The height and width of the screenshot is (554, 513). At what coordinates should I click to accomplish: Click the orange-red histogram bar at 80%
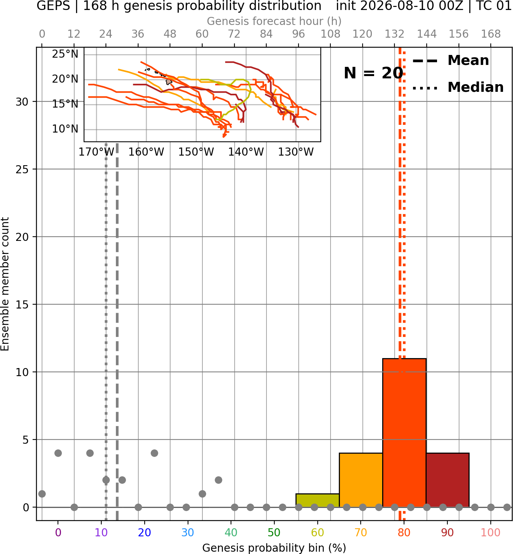404,433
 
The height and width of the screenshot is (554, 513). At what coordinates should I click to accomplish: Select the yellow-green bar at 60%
317,501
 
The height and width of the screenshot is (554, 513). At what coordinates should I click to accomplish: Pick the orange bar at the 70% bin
361,480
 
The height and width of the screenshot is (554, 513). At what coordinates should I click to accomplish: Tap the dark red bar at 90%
447,480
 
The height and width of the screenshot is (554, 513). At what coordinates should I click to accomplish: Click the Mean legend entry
450,61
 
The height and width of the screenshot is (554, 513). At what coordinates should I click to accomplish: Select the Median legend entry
458,87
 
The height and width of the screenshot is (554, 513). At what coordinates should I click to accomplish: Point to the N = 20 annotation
373,73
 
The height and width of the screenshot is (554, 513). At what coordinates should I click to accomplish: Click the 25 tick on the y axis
22,169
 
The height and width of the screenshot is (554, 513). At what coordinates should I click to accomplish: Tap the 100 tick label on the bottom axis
491,532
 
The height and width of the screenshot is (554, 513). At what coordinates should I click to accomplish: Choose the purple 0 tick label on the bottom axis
58,532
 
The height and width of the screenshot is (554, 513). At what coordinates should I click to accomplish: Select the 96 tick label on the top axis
299,34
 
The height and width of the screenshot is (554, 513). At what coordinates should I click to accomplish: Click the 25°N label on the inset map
65,54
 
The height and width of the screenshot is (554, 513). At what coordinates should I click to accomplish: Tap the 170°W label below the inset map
96,152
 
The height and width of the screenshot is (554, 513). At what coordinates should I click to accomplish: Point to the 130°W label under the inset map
296,152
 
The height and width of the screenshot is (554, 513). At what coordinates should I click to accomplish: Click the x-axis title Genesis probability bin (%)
274,548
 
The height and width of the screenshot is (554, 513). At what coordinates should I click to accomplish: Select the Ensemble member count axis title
5,284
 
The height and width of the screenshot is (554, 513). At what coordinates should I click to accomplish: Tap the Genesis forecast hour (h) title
274,21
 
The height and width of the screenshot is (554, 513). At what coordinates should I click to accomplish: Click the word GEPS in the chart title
53,6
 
